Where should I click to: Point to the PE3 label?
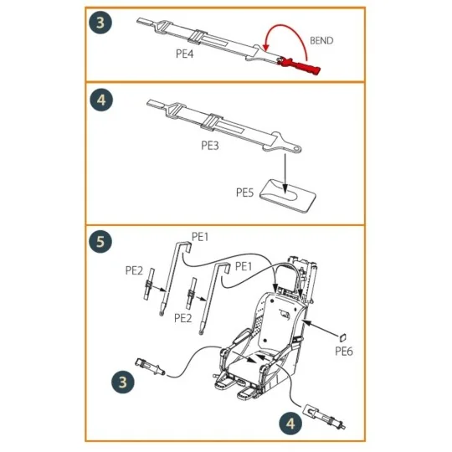tap(210, 144)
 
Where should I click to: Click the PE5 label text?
tap(244, 192)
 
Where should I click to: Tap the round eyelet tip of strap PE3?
tap(296, 148)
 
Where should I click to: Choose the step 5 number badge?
tap(100, 243)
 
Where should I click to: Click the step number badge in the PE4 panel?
tap(100, 23)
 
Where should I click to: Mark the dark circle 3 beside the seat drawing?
tap(123, 383)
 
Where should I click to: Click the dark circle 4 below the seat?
tap(289, 423)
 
